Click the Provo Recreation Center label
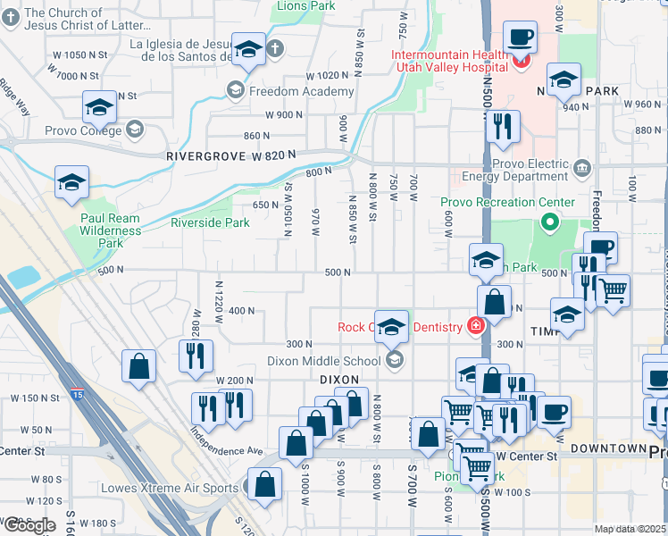(495, 202)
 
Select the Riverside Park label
(210, 222)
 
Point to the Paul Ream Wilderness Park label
(111, 230)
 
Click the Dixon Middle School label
(324, 361)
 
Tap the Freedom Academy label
(301, 91)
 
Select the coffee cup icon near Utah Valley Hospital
(519, 38)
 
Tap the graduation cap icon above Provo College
(99, 107)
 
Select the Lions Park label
(305, 5)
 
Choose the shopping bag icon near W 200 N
(138, 366)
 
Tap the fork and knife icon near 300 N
(194, 356)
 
